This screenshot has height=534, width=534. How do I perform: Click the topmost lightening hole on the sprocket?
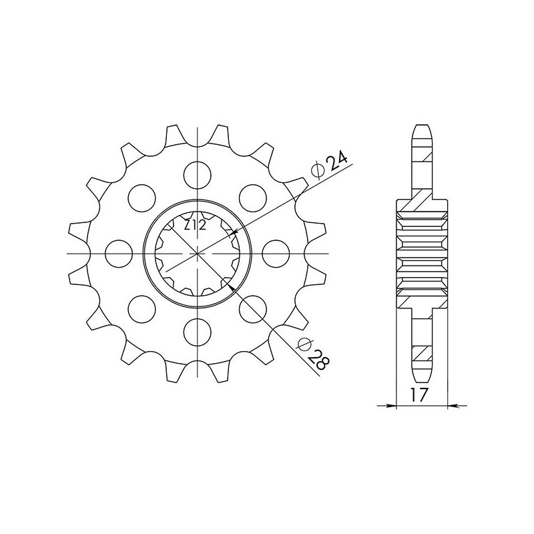coord(198,174)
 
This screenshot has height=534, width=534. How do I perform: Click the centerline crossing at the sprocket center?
coord(198,253)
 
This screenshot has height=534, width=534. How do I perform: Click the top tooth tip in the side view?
coord(422,128)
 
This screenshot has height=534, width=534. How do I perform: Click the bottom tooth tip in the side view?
coord(422,378)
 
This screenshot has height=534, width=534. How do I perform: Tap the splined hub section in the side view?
coord(422,254)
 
